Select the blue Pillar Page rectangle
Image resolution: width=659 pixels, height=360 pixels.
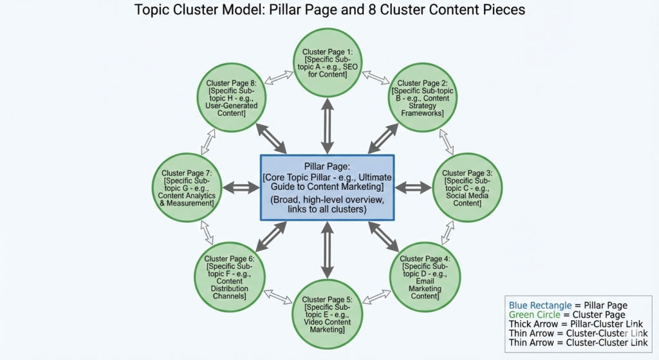click(326, 187)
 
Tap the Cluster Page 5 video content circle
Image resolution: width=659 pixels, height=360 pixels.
click(326, 314)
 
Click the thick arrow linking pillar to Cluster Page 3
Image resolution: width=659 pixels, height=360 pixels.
click(413, 187)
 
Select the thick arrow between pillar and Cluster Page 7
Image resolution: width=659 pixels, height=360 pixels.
click(241, 187)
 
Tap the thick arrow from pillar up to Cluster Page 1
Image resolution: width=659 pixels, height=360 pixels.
click(326, 125)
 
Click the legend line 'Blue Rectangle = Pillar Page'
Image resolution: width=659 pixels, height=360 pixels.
click(568, 305)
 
